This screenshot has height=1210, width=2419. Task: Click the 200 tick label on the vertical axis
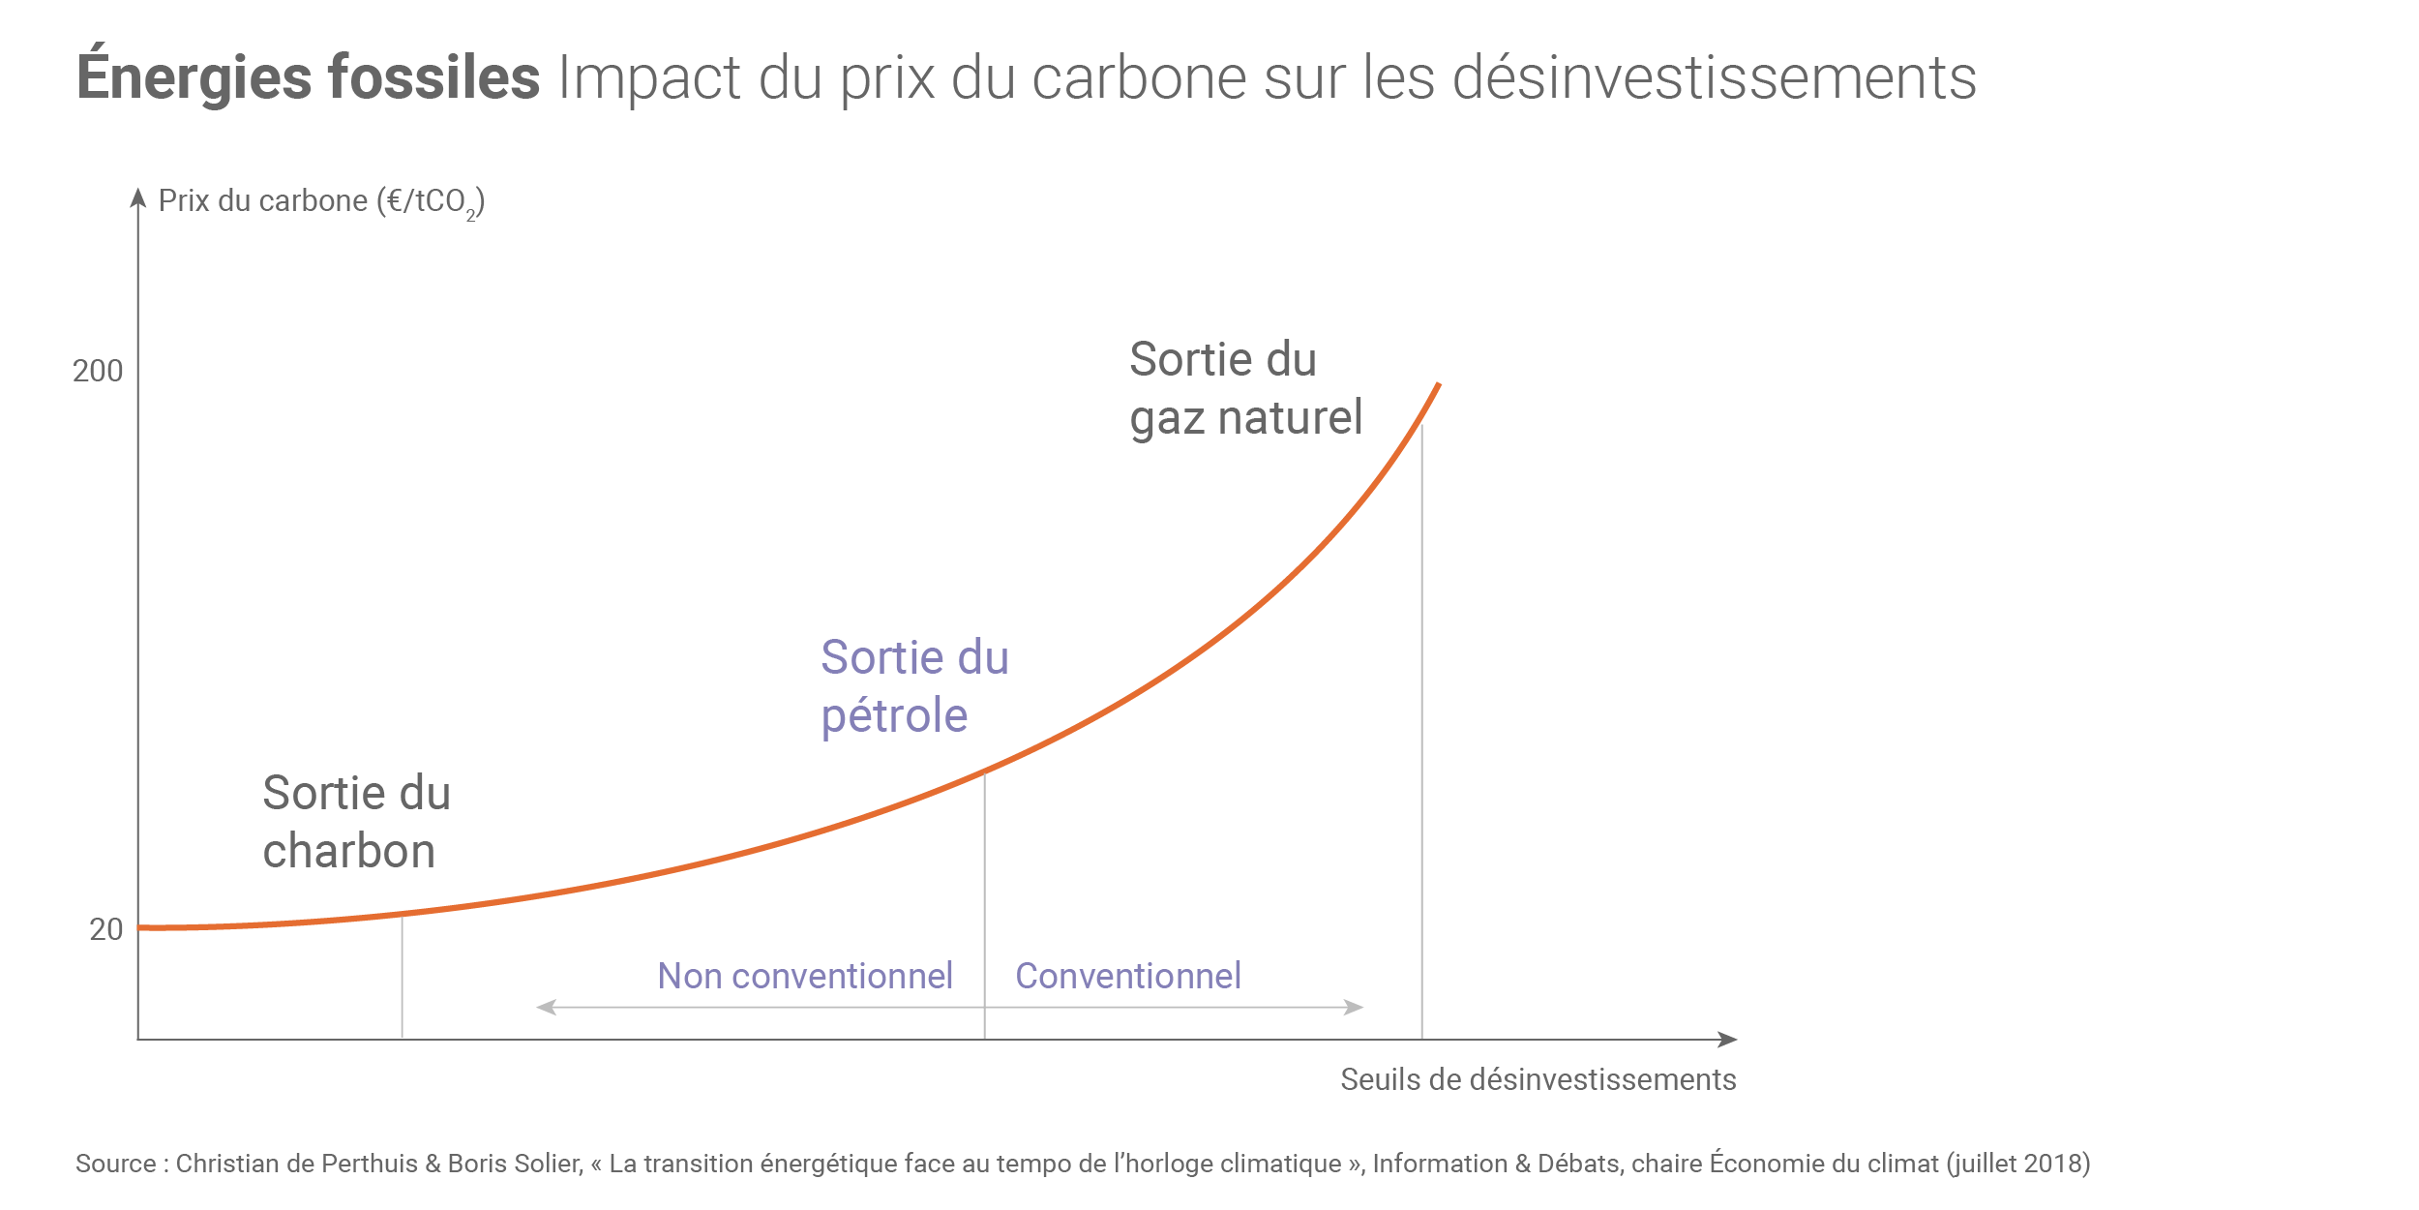tap(98, 371)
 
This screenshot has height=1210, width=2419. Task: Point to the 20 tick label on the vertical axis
tap(105, 929)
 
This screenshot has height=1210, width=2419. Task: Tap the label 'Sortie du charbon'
tap(356, 822)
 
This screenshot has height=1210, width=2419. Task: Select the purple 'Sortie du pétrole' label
tap(914, 686)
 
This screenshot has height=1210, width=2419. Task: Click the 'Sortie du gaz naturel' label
tap(1245, 388)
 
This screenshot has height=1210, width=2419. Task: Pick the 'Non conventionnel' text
tap(805, 976)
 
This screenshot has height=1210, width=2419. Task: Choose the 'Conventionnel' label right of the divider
tap(1127, 976)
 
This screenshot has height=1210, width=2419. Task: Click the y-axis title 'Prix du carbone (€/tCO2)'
tap(321, 201)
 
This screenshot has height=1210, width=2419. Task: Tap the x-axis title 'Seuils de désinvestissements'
tap(1538, 1079)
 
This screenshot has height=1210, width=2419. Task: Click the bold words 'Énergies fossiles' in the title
tap(308, 77)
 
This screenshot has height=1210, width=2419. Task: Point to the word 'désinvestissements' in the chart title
tap(1714, 77)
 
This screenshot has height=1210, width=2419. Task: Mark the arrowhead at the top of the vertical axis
tap(138, 197)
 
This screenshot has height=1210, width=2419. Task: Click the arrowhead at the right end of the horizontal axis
tap(1727, 1040)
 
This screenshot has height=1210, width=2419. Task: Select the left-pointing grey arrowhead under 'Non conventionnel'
tap(546, 1008)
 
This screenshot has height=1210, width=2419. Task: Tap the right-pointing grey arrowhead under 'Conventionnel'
tap(1355, 1008)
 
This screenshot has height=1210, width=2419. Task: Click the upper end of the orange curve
tap(1438, 386)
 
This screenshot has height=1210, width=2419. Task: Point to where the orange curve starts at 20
tap(142, 927)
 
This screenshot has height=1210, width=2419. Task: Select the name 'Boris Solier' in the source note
tap(514, 1164)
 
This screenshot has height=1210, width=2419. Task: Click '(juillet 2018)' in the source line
tap(2018, 1164)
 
